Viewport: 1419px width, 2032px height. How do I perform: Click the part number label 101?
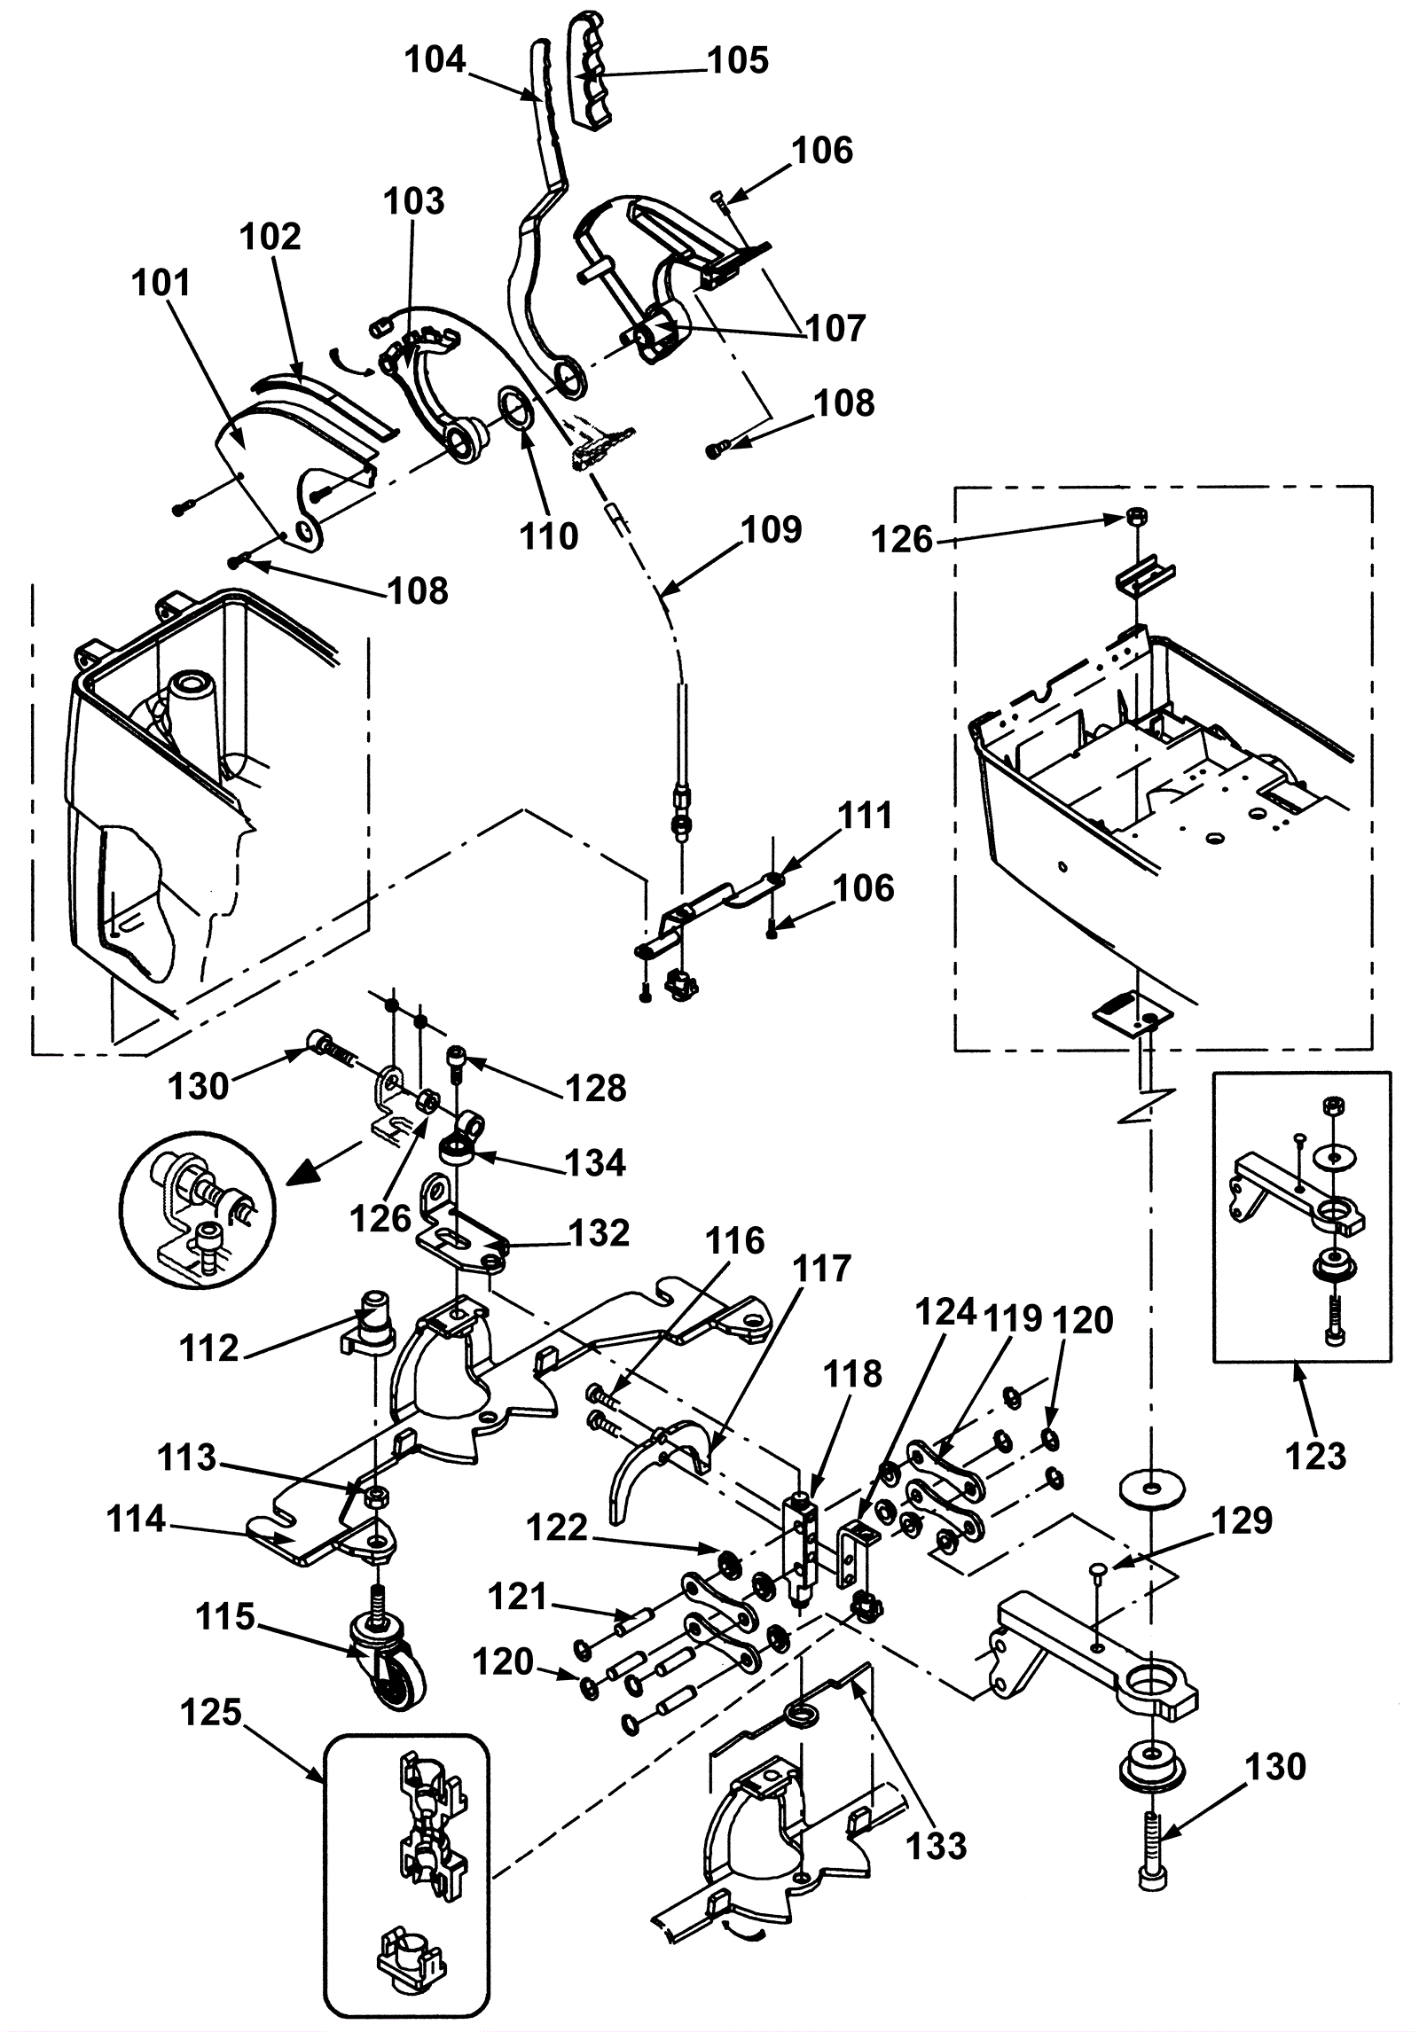pyautogui.click(x=161, y=283)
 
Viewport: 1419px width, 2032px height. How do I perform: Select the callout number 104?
pyautogui.click(x=435, y=60)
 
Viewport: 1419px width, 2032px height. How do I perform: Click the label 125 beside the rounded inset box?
pyautogui.click(x=210, y=1712)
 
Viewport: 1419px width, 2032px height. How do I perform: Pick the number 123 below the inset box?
pyautogui.click(x=1315, y=1456)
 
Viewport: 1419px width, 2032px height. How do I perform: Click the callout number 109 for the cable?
pyautogui.click(x=772, y=529)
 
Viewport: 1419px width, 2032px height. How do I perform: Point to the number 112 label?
pyautogui.click(x=209, y=1348)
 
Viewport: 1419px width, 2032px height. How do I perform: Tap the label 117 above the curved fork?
pyautogui.click(x=823, y=1269)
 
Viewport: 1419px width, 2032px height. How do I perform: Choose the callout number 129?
pyautogui.click(x=1242, y=1520)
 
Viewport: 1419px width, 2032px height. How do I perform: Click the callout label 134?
pyautogui.click(x=595, y=1162)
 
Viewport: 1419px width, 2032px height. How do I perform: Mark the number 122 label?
pyautogui.click(x=557, y=1528)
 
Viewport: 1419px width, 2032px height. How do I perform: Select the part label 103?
pyautogui.click(x=414, y=201)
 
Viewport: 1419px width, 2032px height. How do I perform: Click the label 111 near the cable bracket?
pyautogui.click(x=865, y=816)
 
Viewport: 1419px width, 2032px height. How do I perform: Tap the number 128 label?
pyautogui.click(x=596, y=1088)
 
